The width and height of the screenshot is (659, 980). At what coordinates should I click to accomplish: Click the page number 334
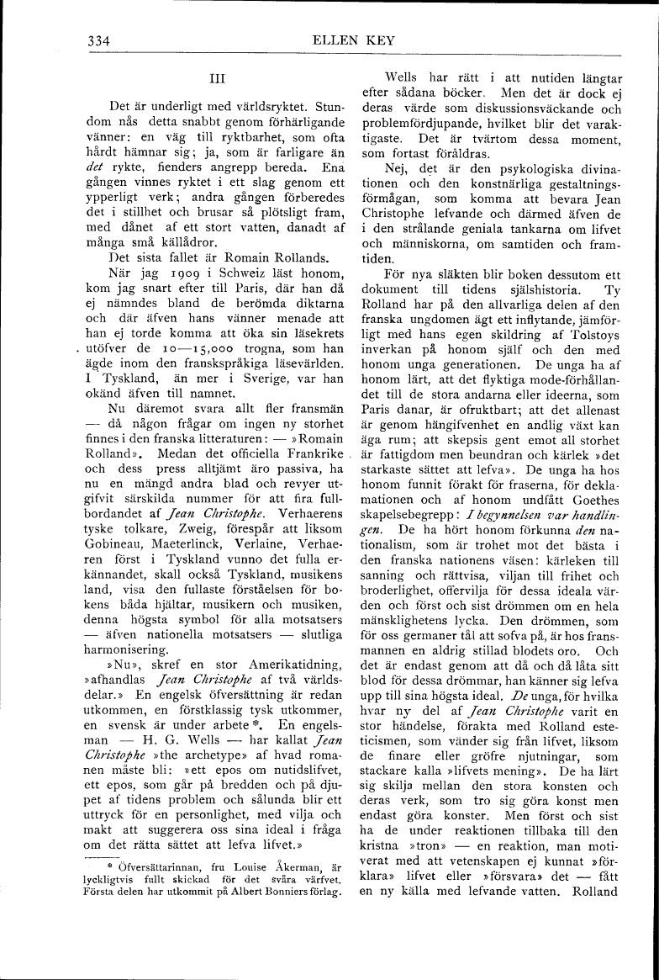[99, 40]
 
